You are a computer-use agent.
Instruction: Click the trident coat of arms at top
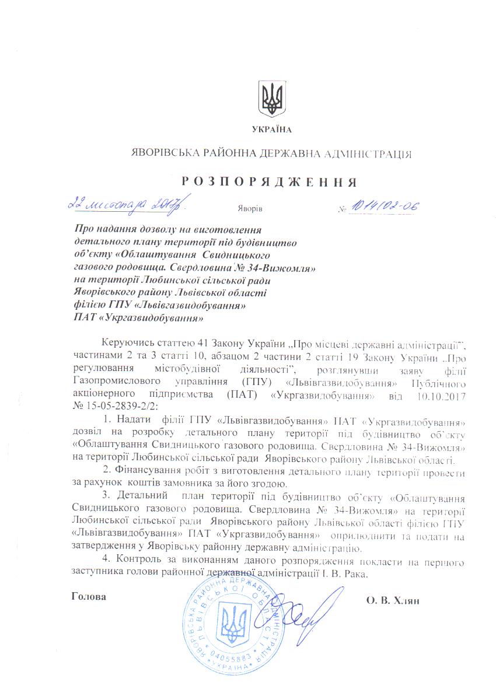[x=272, y=99]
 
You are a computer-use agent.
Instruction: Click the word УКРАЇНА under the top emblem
[x=271, y=129]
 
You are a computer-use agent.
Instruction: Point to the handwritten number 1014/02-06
[x=384, y=206]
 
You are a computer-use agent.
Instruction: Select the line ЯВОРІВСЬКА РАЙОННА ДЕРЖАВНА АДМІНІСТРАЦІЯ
[x=271, y=155]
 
